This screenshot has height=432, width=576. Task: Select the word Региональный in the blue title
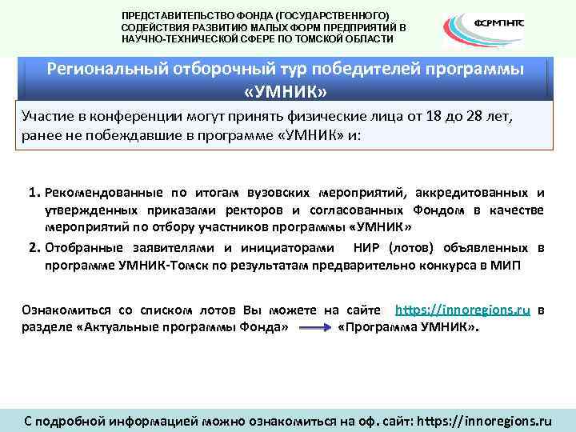click(x=102, y=69)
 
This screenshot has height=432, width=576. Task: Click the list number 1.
click(x=34, y=193)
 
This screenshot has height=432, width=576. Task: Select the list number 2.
click(x=34, y=247)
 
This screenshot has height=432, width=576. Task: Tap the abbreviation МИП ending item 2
click(x=505, y=265)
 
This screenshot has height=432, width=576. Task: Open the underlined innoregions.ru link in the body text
click(x=464, y=310)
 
